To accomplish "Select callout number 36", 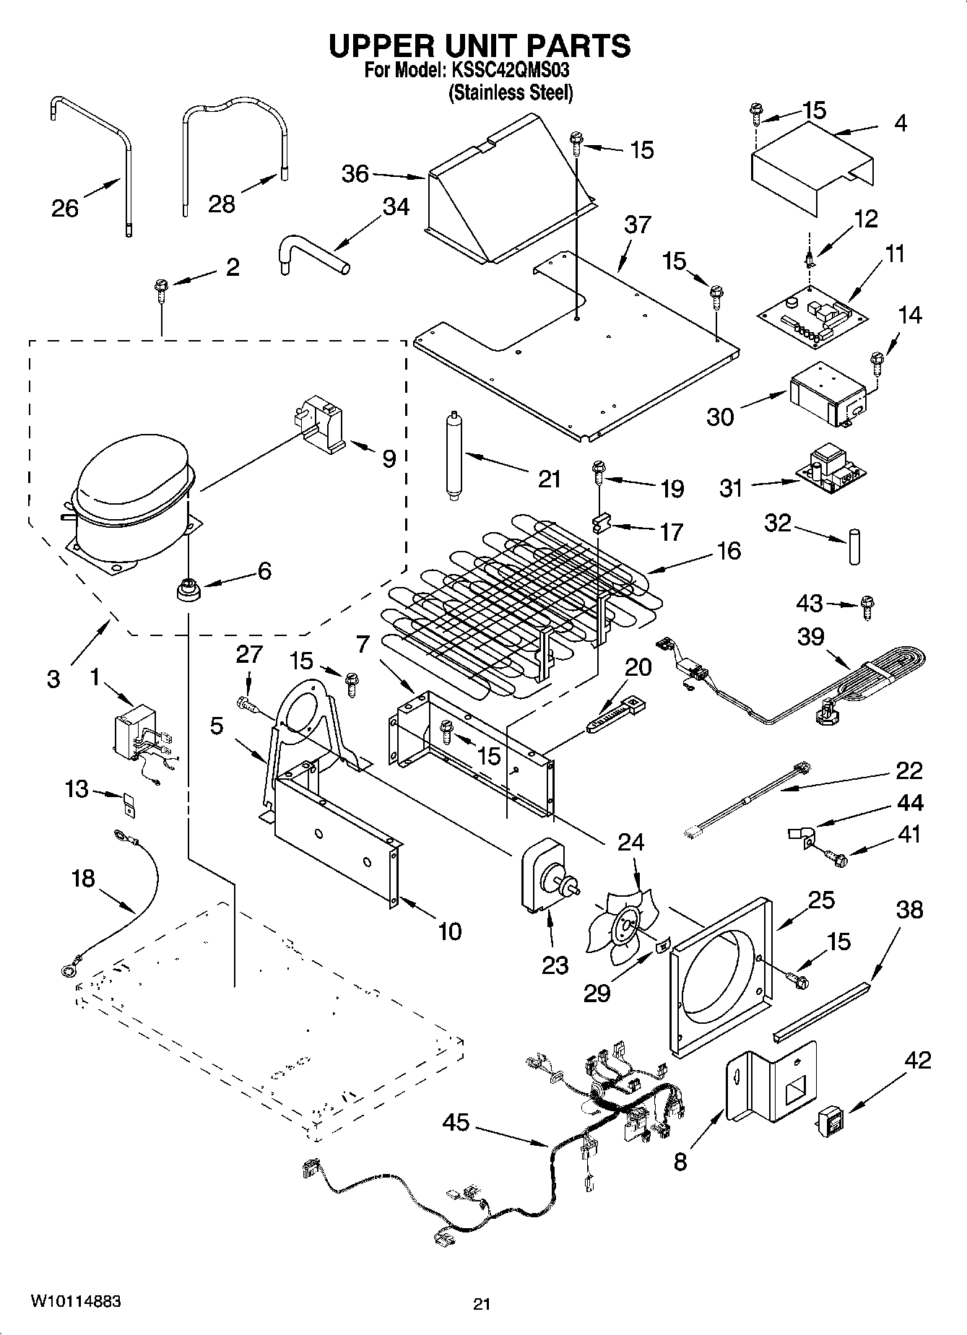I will pyautogui.click(x=355, y=174).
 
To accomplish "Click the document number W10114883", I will pyautogui.click(x=76, y=1302).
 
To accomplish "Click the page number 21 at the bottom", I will pyautogui.click(x=482, y=1304).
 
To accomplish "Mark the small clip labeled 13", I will pyautogui.click(x=130, y=804).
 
